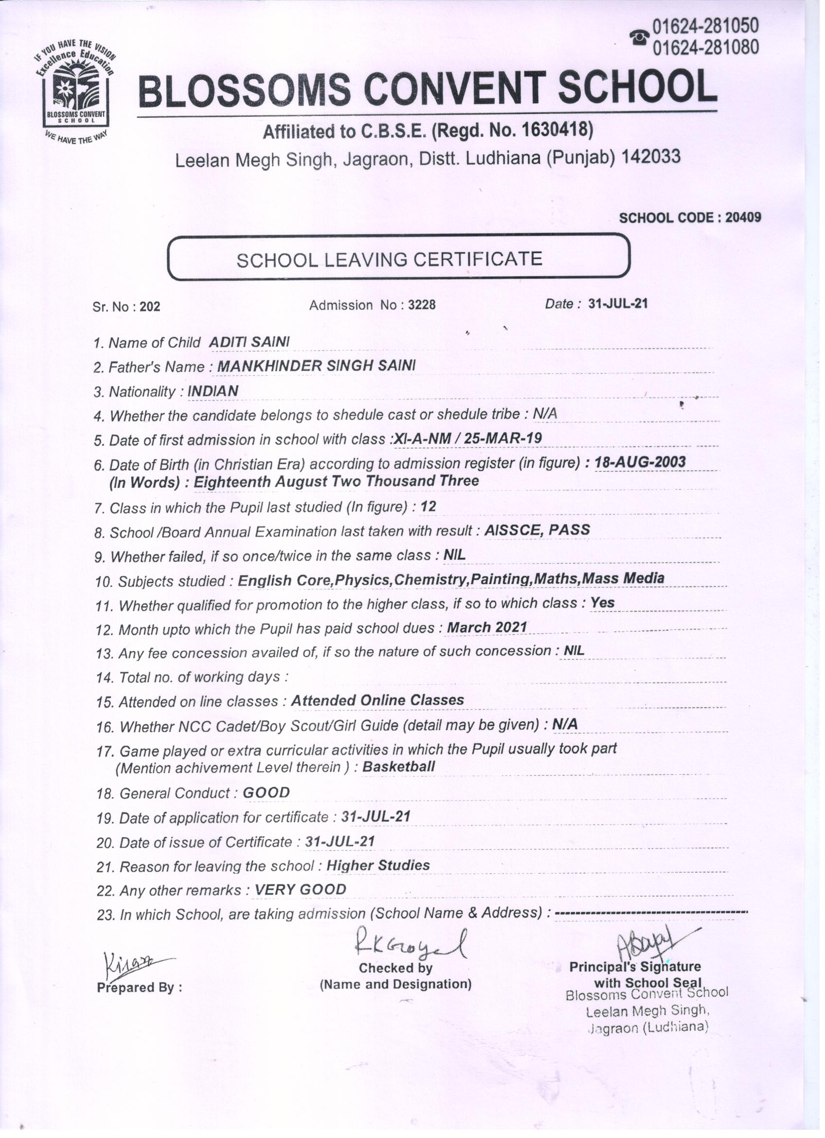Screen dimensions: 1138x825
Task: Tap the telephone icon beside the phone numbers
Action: (x=640, y=37)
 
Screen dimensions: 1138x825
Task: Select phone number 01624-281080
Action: (x=706, y=47)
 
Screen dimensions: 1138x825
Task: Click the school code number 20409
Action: (x=743, y=217)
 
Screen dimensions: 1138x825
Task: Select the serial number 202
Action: (x=150, y=307)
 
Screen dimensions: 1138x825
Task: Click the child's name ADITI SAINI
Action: (x=249, y=342)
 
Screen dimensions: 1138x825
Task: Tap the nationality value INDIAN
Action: (x=213, y=391)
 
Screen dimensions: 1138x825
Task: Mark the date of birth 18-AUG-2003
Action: (x=640, y=461)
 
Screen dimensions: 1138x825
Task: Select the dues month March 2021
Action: (x=486, y=627)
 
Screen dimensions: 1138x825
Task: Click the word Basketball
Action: (x=398, y=766)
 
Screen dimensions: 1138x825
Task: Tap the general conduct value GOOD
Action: (x=266, y=792)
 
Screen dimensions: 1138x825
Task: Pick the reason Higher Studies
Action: (x=377, y=865)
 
